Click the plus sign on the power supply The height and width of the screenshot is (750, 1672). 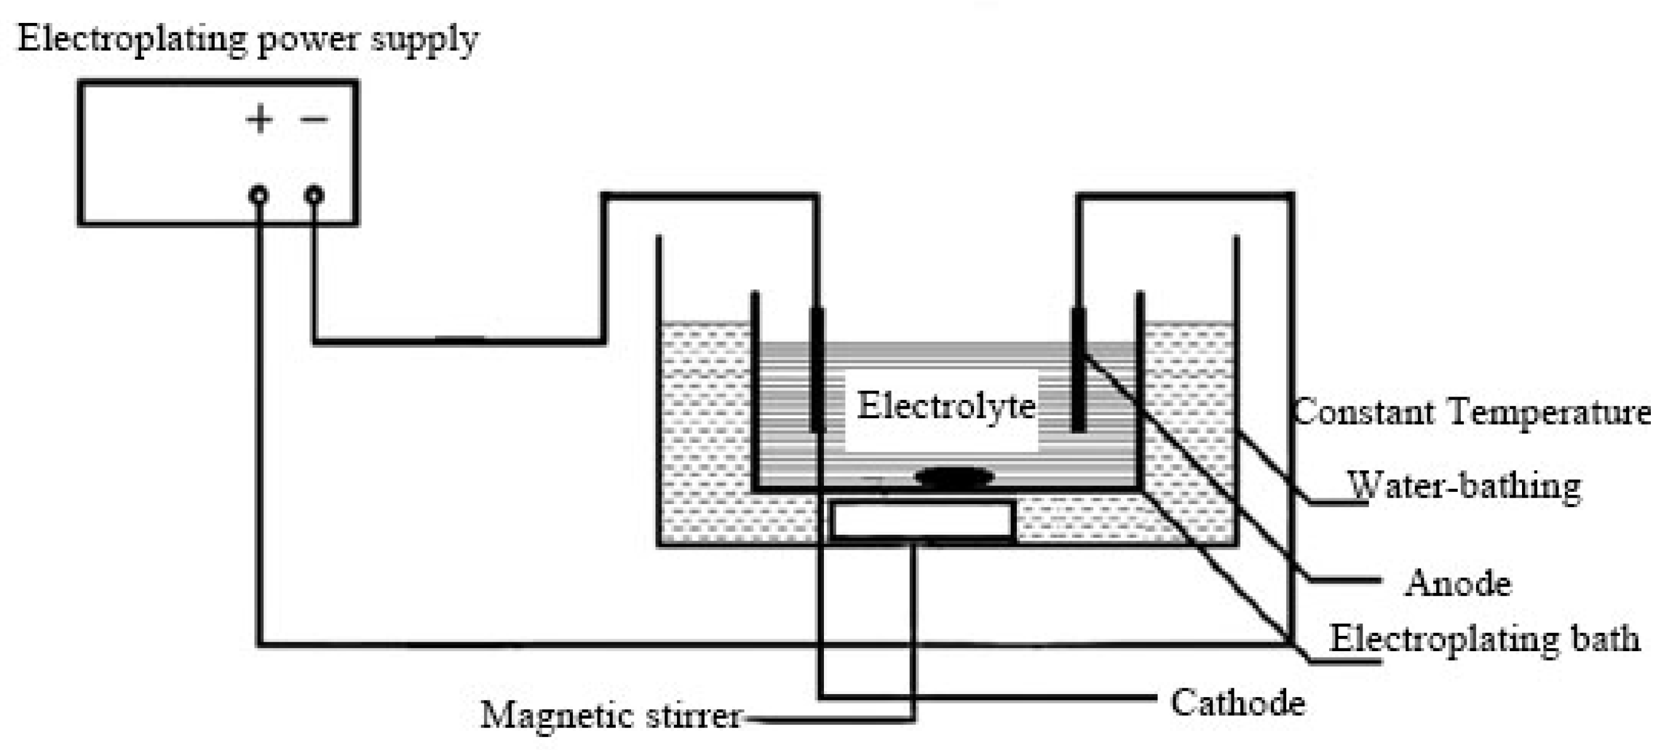[x=259, y=119]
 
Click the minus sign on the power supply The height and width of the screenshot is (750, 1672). [x=314, y=119]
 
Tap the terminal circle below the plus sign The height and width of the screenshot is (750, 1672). [x=258, y=195]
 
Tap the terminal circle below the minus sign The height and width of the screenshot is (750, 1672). [x=314, y=195]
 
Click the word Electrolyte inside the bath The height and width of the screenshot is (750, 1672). [x=946, y=407]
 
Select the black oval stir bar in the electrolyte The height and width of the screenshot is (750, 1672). [x=954, y=477]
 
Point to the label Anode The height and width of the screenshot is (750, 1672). [x=1458, y=582]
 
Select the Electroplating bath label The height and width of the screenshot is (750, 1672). [x=1484, y=639]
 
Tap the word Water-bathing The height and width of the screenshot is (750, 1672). [x=1464, y=486]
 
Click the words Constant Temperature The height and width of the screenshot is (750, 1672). [x=1471, y=413]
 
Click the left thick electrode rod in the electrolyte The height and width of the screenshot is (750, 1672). [x=817, y=370]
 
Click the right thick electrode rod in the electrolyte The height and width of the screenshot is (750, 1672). [x=1078, y=370]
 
